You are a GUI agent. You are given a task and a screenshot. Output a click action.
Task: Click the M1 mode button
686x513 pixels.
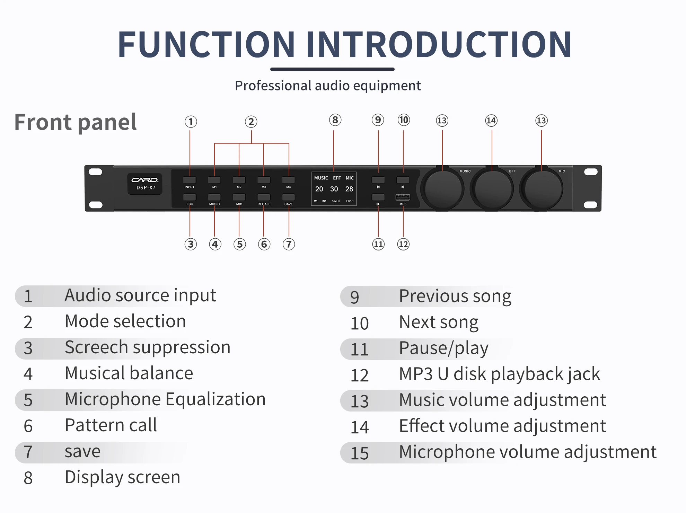pos(214,180)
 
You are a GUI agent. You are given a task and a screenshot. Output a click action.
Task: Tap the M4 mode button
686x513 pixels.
pos(288,180)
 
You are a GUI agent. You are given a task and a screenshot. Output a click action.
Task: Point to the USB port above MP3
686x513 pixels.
pos(403,197)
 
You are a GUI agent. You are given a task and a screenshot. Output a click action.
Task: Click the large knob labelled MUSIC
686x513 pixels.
pos(442,189)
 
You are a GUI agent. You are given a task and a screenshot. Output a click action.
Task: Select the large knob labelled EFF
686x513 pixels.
pos(492,189)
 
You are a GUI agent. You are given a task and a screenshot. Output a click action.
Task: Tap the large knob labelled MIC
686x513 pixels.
pos(542,189)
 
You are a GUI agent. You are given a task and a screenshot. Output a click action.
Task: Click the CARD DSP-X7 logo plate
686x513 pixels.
pos(145,184)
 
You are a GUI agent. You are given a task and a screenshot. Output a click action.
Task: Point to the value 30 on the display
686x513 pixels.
pos(334,189)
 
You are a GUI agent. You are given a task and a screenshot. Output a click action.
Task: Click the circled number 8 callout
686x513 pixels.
pos(335,120)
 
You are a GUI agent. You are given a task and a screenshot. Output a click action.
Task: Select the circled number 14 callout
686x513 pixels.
pos(491,121)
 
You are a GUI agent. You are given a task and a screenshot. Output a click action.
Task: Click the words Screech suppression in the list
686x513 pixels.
pos(148,347)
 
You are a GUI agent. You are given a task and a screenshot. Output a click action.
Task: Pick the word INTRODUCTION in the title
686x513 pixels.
pos(439,44)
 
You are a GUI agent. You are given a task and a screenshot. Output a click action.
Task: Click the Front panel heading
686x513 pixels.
pos(76,122)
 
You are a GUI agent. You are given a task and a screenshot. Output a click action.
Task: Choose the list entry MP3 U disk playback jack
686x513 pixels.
pos(499,374)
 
